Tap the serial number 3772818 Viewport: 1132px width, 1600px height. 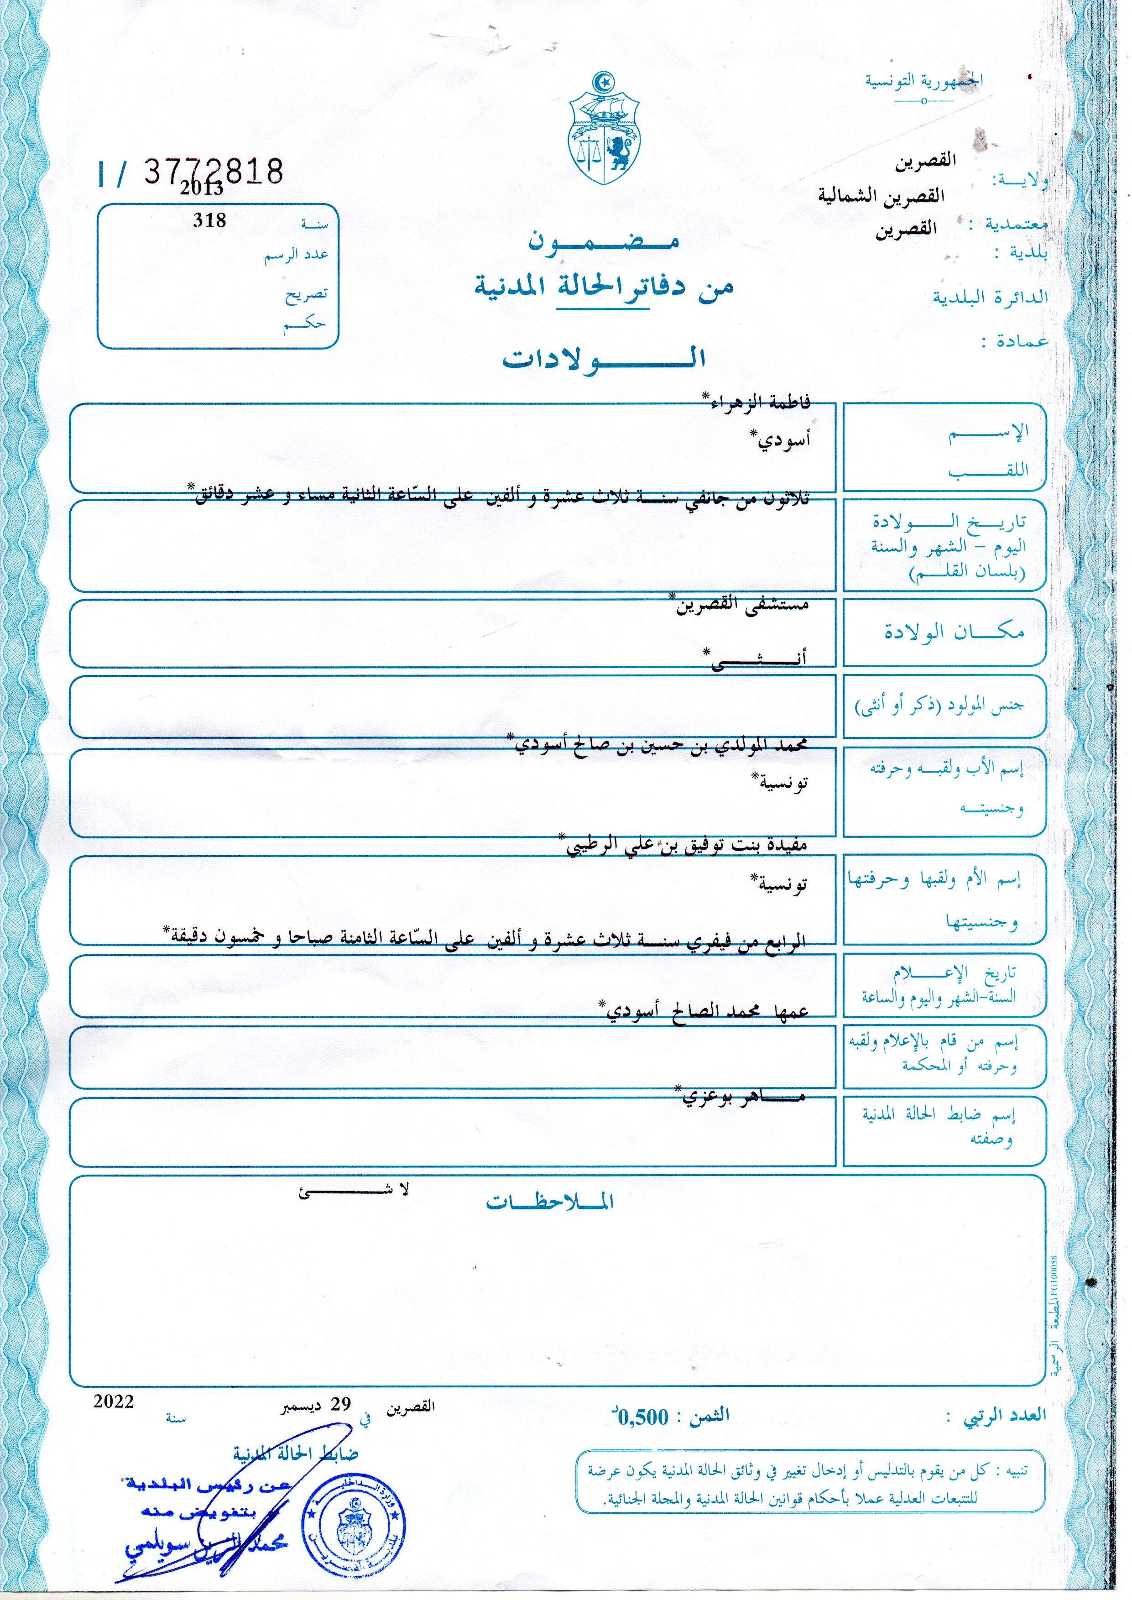(213, 170)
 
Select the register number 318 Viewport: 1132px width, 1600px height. (209, 220)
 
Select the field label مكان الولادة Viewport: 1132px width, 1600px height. (954, 633)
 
